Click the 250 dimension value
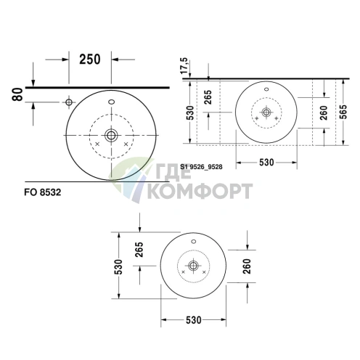[x=90, y=60]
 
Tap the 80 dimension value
[x=17, y=94]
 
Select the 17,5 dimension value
[x=184, y=66]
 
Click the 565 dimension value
[x=343, y=112]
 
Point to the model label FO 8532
[x=43, y=192]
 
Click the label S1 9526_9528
[x=201, y=167]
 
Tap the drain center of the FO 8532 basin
[x=111, y=135]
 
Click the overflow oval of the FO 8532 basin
[x=112, y=102]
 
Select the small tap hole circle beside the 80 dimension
[x=69, y=102]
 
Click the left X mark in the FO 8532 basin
[x=97, y=144]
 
